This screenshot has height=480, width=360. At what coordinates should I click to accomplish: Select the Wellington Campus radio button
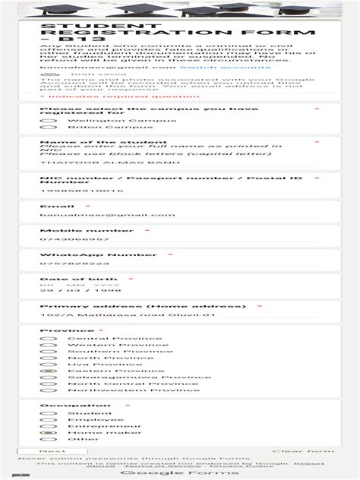(x=50, y=120)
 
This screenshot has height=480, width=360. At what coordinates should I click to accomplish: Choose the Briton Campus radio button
(x=50, y=127)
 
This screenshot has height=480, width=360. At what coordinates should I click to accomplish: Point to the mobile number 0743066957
(x=70, y=239)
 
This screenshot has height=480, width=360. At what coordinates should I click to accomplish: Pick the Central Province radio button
(x=50, y=338)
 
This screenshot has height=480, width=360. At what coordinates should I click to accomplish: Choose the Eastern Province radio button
(x=50, y=371)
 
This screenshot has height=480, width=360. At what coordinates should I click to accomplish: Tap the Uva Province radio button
(x=50, y=364)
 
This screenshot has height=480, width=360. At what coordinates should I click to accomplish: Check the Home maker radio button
(x=50, y=432)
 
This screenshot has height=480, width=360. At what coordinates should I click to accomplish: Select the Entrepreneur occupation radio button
(x=50, y=426)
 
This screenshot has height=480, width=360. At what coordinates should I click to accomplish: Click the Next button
(x=52, y=451)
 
